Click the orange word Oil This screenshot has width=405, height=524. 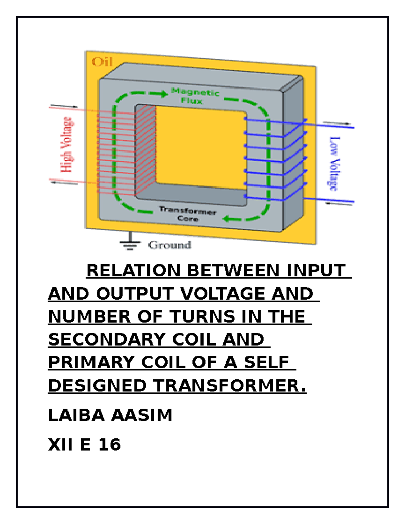tap(102, 62)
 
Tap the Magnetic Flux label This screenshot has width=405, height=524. tap(195, 96)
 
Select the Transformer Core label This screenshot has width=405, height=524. tap(187, 214)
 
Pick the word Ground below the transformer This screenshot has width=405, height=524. tap(169, 245)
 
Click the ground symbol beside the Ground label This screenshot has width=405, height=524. tap(130, 241)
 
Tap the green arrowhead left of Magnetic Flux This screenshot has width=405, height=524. tap(164, 94)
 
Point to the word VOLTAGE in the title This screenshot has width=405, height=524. tap(223, 294)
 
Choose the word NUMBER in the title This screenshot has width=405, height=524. tap(89, 316)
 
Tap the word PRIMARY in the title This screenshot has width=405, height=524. tap(91, 362)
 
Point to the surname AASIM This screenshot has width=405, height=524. tap(142, 415)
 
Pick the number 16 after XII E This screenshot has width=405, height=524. tap(110, 444)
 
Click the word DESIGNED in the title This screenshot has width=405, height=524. tap(98, 385)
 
